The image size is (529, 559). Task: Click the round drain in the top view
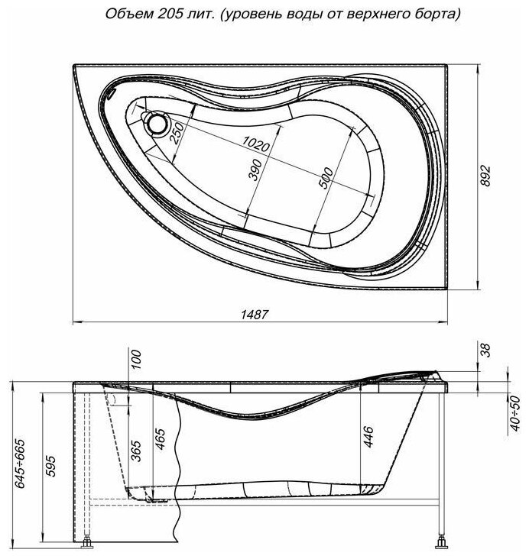click(158, 121)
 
